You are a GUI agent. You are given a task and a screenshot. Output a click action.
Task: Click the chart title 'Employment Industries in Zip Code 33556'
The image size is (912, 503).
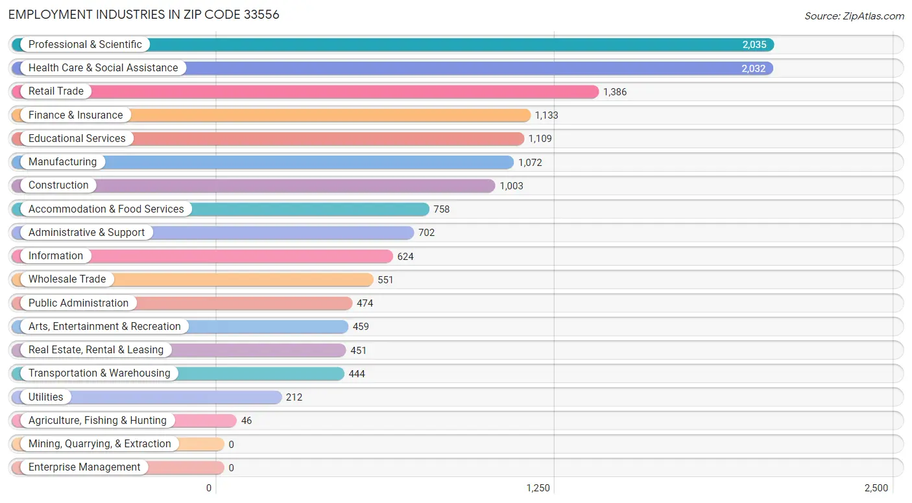point(144,14)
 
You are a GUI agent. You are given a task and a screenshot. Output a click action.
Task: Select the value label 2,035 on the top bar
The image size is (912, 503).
point(754,45)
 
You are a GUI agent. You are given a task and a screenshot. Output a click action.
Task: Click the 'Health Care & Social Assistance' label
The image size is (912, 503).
point(102,68)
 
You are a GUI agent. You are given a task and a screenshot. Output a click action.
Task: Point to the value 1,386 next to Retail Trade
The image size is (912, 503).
point(615,92)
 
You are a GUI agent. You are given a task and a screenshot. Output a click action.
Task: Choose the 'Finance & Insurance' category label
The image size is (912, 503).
point(75,115)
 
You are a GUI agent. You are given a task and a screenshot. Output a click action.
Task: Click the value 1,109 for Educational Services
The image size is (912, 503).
point(540,139)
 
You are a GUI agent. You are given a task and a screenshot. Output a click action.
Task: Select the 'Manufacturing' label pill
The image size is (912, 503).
point(62,162)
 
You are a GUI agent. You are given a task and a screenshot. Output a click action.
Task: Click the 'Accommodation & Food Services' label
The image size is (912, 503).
point(106,209)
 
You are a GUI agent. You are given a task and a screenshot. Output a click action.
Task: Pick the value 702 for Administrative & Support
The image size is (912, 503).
point(426,233)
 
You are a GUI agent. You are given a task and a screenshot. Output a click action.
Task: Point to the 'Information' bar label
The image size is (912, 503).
point(56,256)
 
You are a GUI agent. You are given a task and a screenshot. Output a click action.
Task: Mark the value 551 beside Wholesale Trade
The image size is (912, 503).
point(385,280)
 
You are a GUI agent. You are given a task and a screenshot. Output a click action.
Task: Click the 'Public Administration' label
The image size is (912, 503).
point(78,303)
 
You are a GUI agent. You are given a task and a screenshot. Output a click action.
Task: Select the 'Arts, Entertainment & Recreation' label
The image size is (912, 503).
point(104,327)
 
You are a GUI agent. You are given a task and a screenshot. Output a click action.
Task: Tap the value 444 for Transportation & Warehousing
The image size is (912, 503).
point(357,374)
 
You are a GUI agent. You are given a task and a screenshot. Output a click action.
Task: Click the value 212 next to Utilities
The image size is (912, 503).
point(294,397)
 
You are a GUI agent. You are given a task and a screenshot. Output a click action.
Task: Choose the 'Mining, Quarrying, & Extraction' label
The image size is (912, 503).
point(99,444)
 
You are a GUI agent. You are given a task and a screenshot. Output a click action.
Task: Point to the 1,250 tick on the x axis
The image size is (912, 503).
point(538,488)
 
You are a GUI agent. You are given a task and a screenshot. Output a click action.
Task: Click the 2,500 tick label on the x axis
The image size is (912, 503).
point(876,488)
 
